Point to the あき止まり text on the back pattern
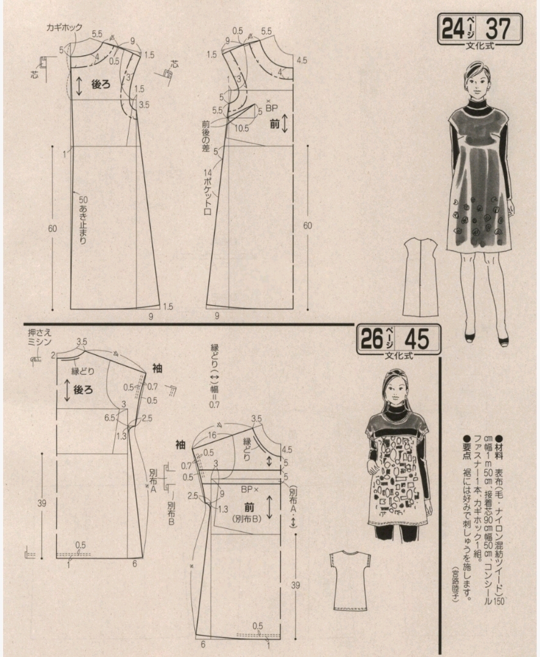tap(82, 223)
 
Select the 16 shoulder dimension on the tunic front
tap(211, 434)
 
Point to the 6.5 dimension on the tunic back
tap(110, 418)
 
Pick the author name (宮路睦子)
tap(455, 584)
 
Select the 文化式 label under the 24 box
tap(480, 46)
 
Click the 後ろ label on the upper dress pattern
tap(100, 85)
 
